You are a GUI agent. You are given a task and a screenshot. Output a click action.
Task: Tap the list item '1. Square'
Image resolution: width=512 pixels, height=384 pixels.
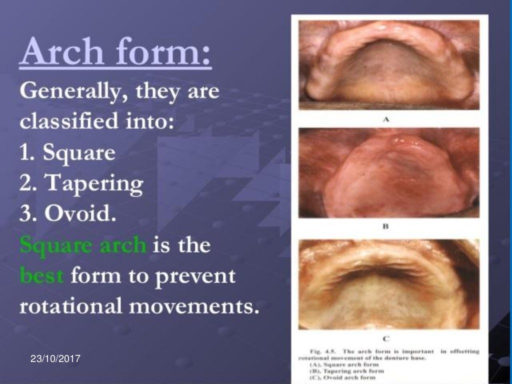coord(67,152)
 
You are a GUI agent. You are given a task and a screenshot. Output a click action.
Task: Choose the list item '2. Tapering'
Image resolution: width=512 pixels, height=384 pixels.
coord(81,184)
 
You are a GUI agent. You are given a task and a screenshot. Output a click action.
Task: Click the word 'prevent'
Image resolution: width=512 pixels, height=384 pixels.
coord(196,276)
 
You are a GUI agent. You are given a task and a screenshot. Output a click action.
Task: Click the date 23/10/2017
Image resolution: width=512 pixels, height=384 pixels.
coord(55,359)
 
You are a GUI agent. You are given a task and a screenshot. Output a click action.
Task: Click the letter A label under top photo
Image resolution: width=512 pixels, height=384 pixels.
coord(385,119)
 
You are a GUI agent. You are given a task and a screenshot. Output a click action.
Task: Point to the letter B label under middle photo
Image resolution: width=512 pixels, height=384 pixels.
coord(385,226)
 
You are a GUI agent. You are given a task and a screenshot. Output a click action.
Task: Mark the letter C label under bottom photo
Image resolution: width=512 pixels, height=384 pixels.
coord(386,338)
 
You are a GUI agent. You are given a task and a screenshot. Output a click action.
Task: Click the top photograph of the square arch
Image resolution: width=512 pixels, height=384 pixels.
coord(389,65)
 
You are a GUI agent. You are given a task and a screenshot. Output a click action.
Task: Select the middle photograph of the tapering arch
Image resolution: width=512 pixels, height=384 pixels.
coord(389,172)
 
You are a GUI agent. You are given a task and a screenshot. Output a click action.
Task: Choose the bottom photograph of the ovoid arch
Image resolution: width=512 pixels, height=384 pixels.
coord(389,284)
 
